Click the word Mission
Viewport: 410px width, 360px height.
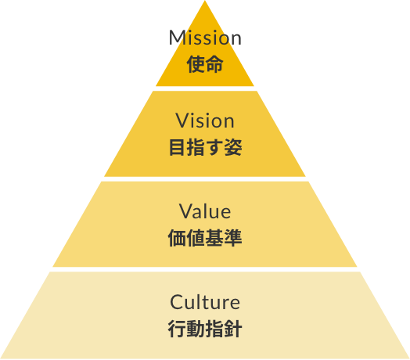(205, 38)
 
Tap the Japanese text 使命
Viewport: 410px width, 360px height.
(205, 64)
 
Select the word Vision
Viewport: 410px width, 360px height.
(205, 121)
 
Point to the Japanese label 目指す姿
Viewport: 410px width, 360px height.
(205, 147)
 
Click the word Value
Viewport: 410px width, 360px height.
(205, 211)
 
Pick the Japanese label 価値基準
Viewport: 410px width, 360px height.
(205, 238)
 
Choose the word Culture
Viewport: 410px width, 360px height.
(205, 302)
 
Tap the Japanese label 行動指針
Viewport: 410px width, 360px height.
(205, 329)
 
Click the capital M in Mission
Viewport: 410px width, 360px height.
(177, 38)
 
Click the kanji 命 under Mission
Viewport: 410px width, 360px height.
(214, 64)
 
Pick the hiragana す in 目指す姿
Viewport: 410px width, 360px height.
(214, 147)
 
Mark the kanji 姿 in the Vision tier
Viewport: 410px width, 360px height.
(233, 147)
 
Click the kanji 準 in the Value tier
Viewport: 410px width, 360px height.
(233, 238)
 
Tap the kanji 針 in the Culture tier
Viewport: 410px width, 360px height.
(233, 329)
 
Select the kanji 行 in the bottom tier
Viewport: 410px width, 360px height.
(177, 329)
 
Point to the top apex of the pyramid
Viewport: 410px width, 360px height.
(205, 1)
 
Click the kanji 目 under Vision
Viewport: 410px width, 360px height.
(178, 147)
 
